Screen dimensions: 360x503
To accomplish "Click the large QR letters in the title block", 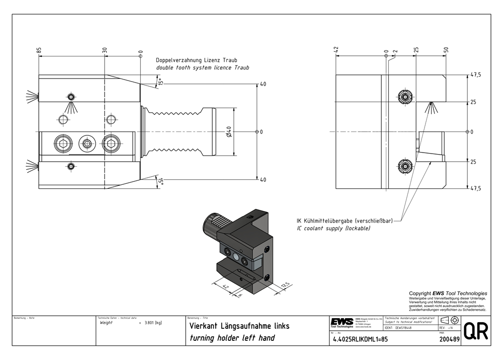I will (x=475, y=332).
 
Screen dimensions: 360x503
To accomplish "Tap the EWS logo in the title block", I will (x=342, y=322).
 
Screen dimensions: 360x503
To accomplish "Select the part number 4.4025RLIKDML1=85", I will (x=360, y=339).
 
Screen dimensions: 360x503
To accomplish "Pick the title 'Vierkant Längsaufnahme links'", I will (x=239, y=326).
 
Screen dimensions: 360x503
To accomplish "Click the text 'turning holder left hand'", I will (x=231, y=338).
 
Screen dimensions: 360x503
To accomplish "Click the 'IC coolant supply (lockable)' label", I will (x=333, y=229).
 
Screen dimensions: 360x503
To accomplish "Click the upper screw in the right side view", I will (x=404, y=96).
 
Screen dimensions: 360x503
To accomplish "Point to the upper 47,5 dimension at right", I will (x=475, y=75).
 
